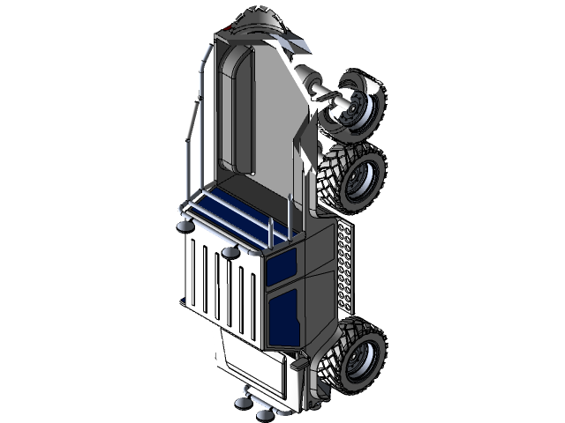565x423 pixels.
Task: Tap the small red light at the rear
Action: coord(227,32)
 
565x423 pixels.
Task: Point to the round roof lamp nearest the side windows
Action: coord(231,254)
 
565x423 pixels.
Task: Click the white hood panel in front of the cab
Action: coord(251,362)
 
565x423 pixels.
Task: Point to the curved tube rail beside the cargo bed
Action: coord(192,132)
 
